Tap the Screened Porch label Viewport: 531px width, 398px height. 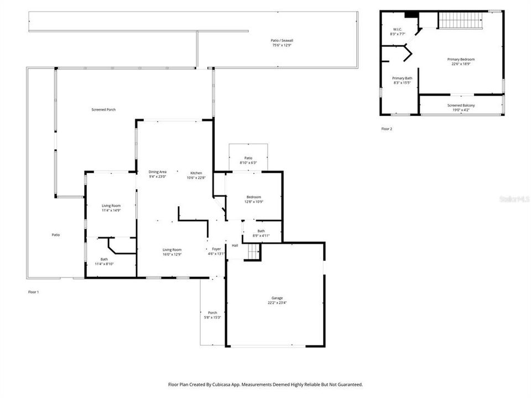103,110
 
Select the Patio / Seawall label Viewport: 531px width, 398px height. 281,40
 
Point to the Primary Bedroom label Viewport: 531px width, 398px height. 461,59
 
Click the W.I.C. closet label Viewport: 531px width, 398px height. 397,29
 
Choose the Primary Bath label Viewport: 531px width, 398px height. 402,78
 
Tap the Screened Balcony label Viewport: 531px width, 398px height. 461,105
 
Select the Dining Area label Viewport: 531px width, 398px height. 158,172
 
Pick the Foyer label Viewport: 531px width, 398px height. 216,249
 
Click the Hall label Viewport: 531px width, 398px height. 235,245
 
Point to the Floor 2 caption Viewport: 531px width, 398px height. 386,129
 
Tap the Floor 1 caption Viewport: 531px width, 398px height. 34,291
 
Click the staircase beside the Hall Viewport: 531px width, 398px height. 253,252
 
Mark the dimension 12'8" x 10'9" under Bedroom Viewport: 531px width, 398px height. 254,202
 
